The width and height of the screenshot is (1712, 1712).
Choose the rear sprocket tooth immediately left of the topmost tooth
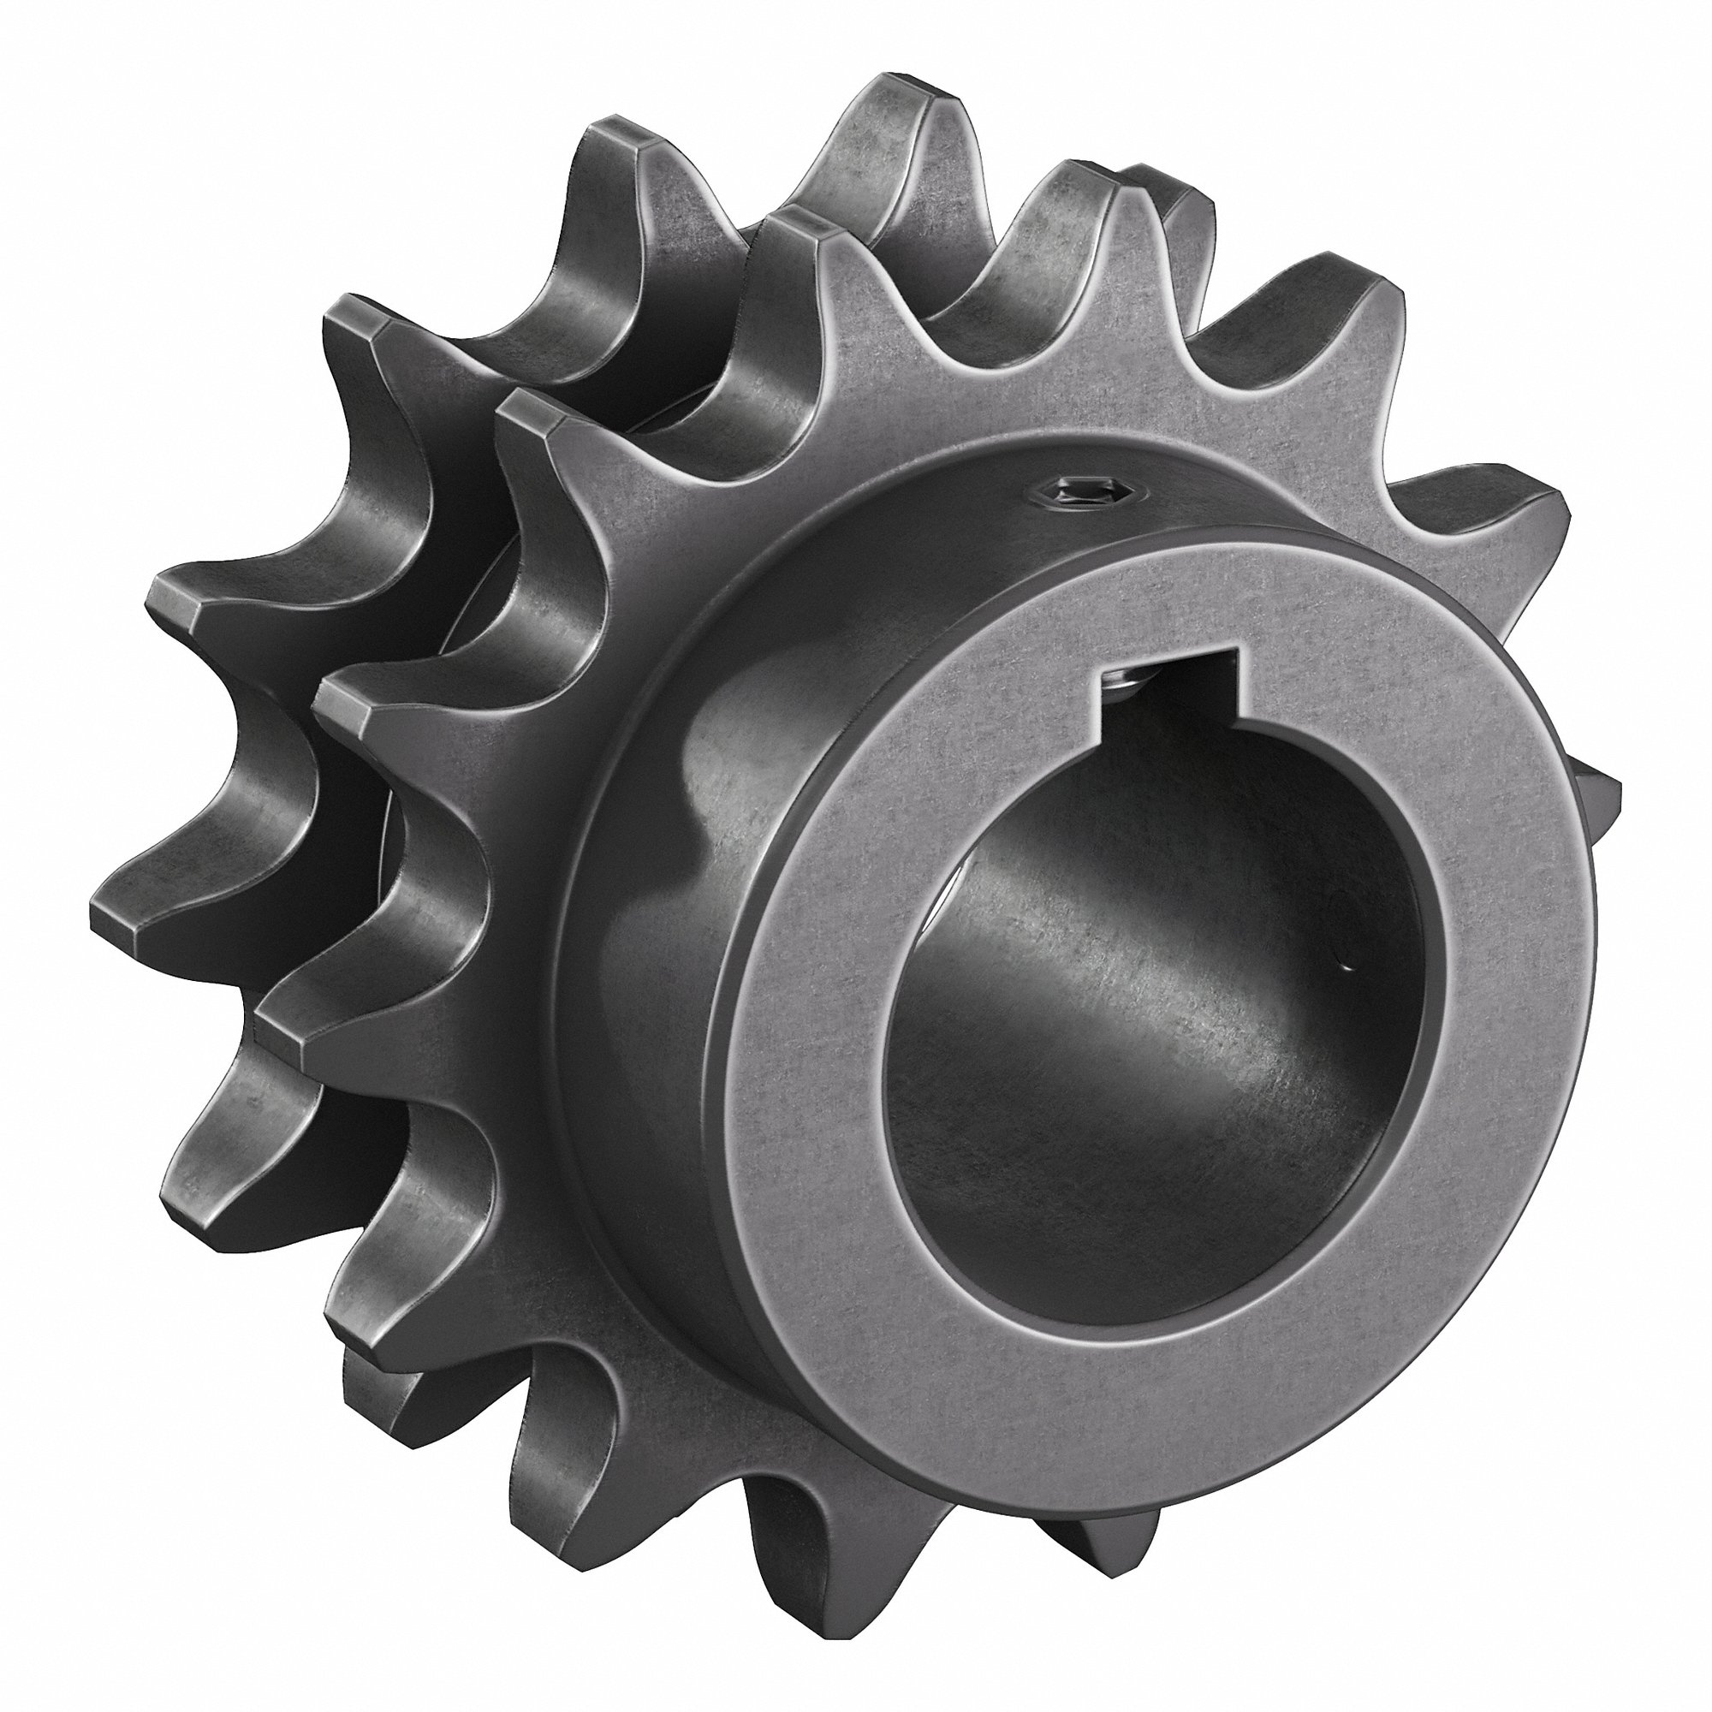point(621,142)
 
